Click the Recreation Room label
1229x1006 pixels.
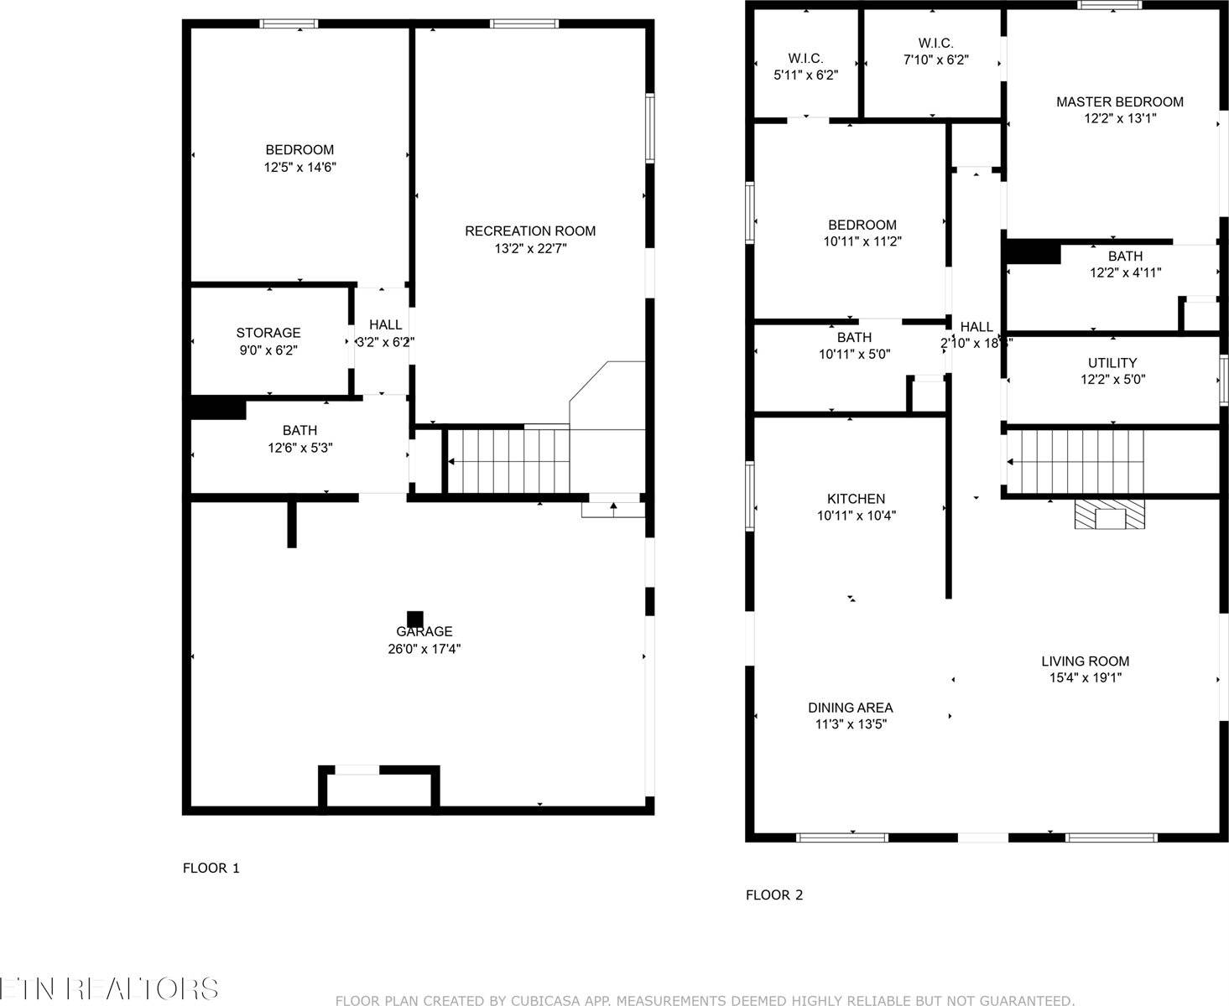(530, 231)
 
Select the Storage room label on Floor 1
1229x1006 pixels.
(268, 334)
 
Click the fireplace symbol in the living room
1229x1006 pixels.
(1110, 515)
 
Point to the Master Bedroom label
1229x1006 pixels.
(1119, 102)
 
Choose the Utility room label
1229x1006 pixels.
(1112, 363)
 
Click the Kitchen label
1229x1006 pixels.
(856, 499)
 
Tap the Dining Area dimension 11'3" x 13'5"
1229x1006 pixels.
(851, 724)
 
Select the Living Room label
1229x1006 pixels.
(1085, 661)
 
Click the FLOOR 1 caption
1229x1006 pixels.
(211, 869)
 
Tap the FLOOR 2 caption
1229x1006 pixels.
(774, 895)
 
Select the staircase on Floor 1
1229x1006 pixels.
(507, 461)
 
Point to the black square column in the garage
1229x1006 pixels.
(414, 619)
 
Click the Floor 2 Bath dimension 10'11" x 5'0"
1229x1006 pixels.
(854, 355)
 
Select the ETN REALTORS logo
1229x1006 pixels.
(109, 988)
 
